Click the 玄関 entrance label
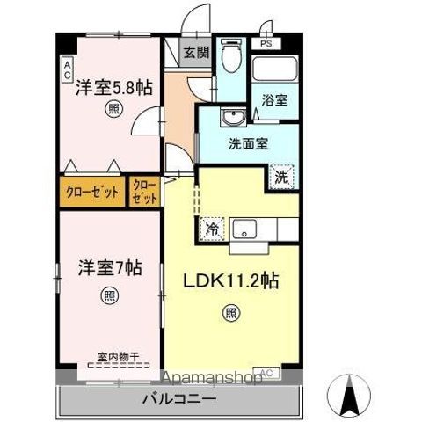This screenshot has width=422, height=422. [194, 52]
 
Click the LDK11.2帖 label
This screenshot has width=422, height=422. [231, 282]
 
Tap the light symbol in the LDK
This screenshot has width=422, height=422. [230, 310]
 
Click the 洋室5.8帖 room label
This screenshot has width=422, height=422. [112, 88]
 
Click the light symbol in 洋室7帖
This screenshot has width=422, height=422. [108, 295]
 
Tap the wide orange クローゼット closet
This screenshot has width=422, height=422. [92, 193]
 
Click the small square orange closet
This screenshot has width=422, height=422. [142, 191]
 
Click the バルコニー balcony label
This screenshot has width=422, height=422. [179, 399]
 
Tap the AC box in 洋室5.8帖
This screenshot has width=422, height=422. [67, 71]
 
